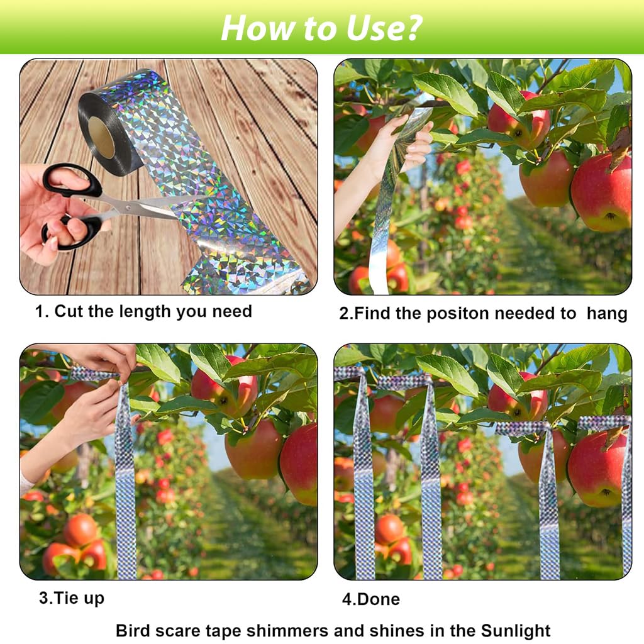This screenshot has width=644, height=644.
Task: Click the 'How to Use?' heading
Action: [321, 27]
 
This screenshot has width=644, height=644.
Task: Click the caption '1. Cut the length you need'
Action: [143, 311]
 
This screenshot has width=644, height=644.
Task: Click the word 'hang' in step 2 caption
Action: [606, 313]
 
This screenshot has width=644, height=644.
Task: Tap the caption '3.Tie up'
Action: [71, 597]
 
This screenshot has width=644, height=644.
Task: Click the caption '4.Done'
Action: [370, 599]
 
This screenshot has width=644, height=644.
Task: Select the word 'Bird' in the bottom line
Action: [133, 630]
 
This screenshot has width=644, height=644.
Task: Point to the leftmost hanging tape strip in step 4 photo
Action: [364, 478]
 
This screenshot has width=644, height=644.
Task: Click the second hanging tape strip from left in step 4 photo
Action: [431, 478]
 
